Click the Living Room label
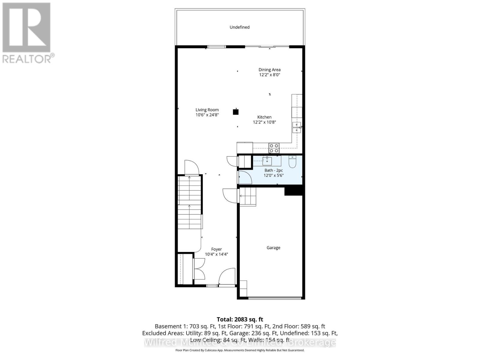pyautogui.click(x=207, y=110)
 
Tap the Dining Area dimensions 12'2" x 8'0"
pyautogui.click(x=269, y=75)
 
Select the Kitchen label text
pyautogui.click(x=264, y=117)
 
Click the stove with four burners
pyautogui.click(x=274, y=148)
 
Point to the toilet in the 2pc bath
pyautogui.click(x=292, y=162)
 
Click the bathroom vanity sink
pyautogui.click(x=267, y=161)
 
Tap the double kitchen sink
pyautogui.click(x=297, y=127)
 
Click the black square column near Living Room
pyautogui.click(x=236, y=112)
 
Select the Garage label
pyautogui.click(x=273, y=248)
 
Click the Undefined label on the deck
pyautogui.click(x=239, y=27)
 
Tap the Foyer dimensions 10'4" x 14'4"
pyautogui.click(x=216, y=254)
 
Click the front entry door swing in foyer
pyautogui.click(x=226, y=277)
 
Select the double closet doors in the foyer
pyautogui.click(x=199, y=268)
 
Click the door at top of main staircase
pyautogui.click(x=191, y=167)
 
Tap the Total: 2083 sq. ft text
pyautogui.click(x=240, y=319)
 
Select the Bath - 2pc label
pyautogui.click(x=273, y=170)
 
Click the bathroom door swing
pyautogui.click(x=245, y=178)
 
